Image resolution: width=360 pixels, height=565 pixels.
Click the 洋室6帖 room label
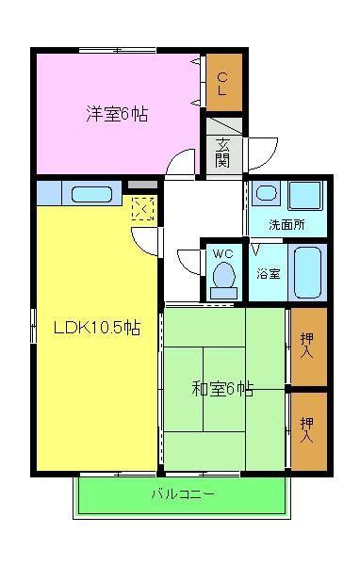point(117,114)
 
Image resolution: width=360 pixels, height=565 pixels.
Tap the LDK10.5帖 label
point(97,329)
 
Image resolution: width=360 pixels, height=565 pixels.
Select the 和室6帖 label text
point(222,387)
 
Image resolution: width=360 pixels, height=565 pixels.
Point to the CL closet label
point(223,84)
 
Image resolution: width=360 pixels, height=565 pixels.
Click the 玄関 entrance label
point(222,152)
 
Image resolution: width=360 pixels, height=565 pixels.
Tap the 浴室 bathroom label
point(269,274)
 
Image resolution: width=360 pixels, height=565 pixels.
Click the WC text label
point(223,254)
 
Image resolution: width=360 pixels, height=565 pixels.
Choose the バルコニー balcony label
point(183,493)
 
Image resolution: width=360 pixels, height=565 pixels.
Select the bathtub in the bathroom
point(307,272)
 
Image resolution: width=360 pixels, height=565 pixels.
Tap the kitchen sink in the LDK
point(90,196)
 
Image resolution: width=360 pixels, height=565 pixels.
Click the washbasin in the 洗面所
point(267,194)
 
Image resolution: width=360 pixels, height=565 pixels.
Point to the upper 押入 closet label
point(307,347)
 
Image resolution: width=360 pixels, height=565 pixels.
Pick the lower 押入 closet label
point(307,430)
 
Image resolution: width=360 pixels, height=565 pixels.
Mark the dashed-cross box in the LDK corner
point(143,209)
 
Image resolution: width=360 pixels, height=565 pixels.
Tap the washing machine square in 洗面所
point(306,197)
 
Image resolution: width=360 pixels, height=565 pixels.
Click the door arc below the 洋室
point(179,162)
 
